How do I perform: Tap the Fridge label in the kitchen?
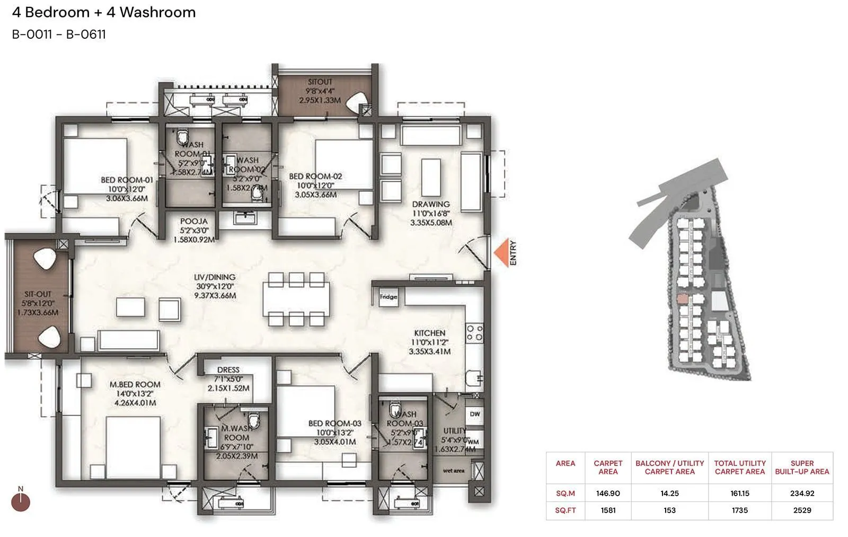[388, 297]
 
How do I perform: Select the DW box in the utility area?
[474, 414]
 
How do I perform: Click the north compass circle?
[21, 502]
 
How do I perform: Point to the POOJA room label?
[193, 222]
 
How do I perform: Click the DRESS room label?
[228, 370]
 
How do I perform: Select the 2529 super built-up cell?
[801, 510]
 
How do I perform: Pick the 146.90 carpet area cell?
[607, 493]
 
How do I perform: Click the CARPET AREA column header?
[607, 467]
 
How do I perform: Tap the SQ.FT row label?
[565, 510]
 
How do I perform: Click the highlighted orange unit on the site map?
[683, 300]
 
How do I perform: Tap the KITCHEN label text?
[429, 333]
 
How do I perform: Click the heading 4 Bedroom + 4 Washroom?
[104, 12]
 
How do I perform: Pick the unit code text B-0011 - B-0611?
[59, 34]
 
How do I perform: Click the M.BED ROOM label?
[135, 385]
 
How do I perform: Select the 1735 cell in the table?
[739, 510]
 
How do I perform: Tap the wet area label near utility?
[454, 471]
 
